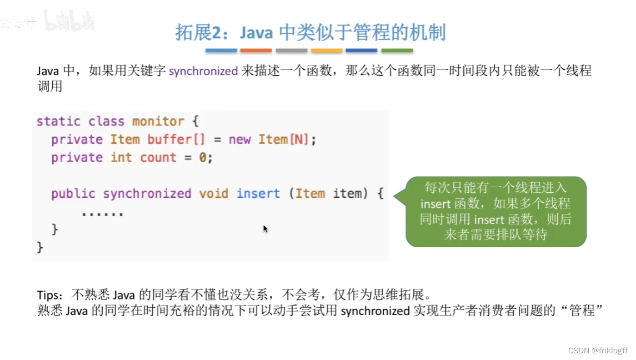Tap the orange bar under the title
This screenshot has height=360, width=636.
coord(256,51)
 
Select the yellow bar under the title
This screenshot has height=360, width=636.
coord(326,51)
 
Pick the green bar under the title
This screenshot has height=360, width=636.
coord(397,51)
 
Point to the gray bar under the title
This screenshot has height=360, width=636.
coord(291,51)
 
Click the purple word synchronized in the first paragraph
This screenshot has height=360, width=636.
coord(203,71)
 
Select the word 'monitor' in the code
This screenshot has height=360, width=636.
coord(158,121)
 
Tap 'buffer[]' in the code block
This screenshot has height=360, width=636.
coord(169,139)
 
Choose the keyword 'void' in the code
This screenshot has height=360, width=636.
coord(214,194)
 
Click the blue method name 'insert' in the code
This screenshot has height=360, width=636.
coord(258,194)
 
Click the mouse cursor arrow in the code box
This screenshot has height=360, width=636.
coord(266,228)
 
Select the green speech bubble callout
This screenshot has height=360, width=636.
coord(495,212)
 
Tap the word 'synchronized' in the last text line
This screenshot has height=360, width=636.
coord(375,311)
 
